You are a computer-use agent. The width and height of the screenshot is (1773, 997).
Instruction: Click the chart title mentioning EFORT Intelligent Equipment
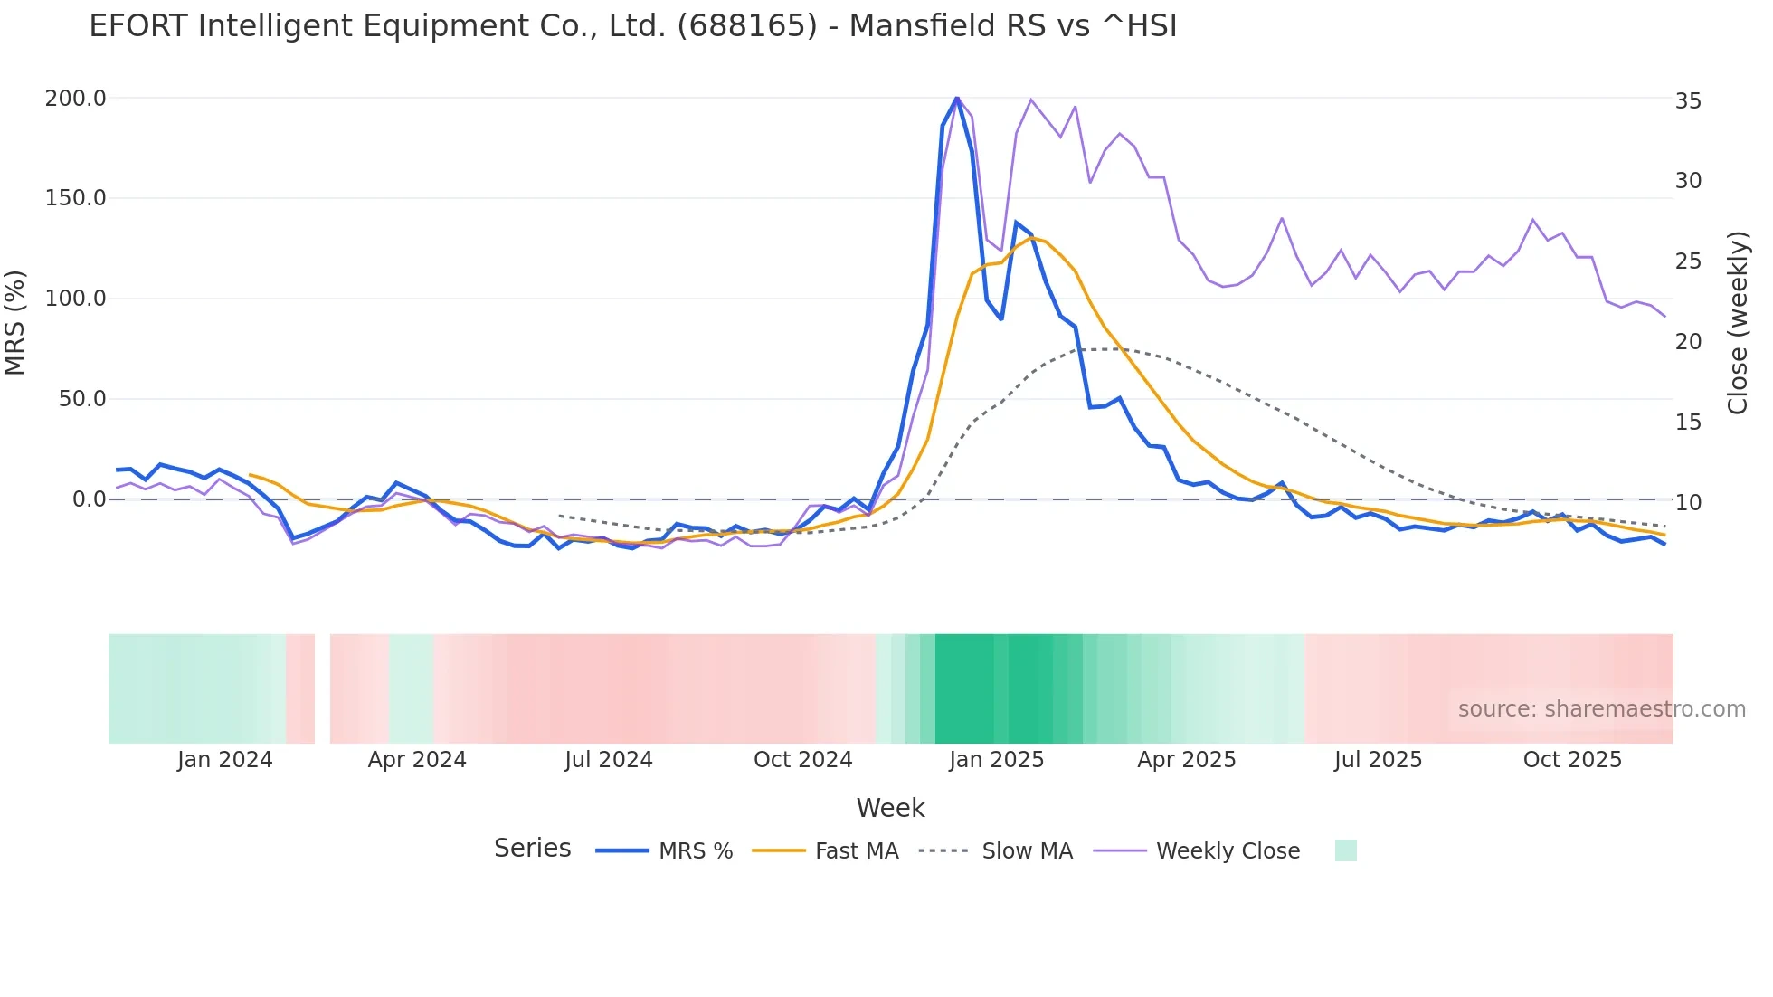pyautogui.click(x=633, y=26)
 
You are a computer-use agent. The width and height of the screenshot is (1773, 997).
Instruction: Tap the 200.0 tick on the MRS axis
pyautogui.click(x=76, y=99)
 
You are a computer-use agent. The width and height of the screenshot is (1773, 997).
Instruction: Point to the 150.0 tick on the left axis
pyautogui.click(x=76, y=198)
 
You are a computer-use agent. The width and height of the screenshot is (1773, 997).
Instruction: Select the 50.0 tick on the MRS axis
pyautogui.click(x=82, y=399)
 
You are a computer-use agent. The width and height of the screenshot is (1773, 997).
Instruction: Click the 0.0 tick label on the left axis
pyautogui.click(x=89, y=499)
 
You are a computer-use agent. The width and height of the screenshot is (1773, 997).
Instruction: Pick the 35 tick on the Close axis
pyautogui.click(x=1688, y=101)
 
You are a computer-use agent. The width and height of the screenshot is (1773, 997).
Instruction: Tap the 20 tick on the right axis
pyautogui.click(x=1688, y=342)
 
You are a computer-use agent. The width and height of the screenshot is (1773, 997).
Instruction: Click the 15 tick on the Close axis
pyautogui.click(x=1688, y=423)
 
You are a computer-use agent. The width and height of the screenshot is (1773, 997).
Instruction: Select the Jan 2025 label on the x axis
pyautogui.click(x=996, y=760)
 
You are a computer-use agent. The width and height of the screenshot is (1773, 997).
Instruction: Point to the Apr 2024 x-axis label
pyautogui.click(x=417, y=760)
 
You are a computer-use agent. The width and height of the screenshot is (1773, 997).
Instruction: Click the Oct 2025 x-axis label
pyautogui.click(x=1572, y=760)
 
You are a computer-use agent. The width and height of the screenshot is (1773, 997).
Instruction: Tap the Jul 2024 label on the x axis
pyautogui.click(x=609, y=760)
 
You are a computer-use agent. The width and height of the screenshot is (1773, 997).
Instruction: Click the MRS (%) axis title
pyautogui.click(x=15, y=323)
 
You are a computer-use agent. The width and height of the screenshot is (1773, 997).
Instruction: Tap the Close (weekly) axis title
pyautogui.click(x=1738, y=323)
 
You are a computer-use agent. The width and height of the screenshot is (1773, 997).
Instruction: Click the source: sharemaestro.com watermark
pyautogui.click(x=1601, y=709)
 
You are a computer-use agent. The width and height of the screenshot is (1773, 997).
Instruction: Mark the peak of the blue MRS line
pyautogui.click(x=957, y=98)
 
